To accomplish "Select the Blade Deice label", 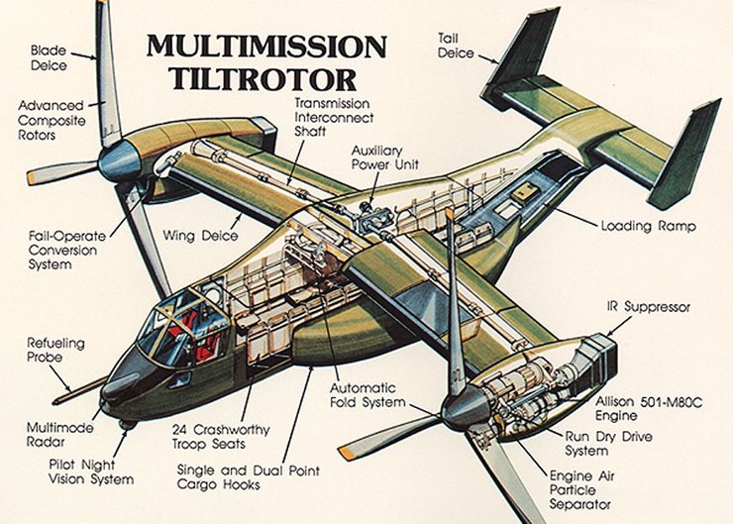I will pyautogui.click(x=47, y=55).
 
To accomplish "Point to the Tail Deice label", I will pyautogui.click(x=457, y=46).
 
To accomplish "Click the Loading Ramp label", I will pyautogui.click(x=648, y=226).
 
